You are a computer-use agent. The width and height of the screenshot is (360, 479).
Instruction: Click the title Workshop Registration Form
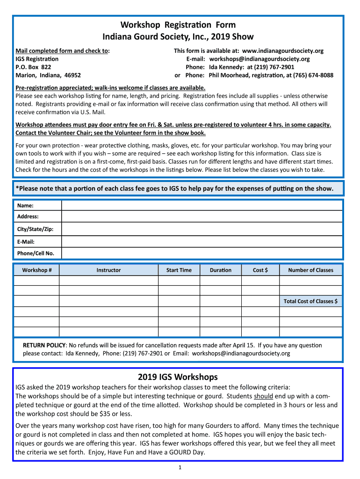(178, 25)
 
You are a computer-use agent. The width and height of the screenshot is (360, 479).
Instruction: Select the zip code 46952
(72, 75)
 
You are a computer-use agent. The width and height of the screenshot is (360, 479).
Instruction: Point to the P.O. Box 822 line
(34, 67)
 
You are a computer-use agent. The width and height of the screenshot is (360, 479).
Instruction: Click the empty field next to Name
(202, 205)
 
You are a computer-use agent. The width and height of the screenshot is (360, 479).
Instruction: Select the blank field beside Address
(202, 217)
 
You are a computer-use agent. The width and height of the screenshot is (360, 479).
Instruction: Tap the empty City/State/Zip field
(202, 229)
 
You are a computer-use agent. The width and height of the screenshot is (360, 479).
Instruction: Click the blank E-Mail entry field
(202, 241)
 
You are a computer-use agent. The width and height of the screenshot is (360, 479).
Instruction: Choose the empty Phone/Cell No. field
(202, 253)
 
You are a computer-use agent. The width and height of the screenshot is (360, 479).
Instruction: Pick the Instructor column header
(108, 270)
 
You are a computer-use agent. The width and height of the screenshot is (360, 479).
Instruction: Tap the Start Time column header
(179, 270)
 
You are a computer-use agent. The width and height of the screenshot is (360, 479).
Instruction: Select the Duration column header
(221, 270)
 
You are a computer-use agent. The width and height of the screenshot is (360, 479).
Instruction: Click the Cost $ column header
(260, 270)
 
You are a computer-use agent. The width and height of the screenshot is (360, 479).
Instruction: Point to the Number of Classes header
(310, 270)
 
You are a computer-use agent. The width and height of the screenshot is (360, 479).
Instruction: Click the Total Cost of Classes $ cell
(310, 301)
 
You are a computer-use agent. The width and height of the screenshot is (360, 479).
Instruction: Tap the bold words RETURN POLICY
(44, 345)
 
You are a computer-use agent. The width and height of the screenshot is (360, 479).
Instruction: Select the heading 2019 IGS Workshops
(178, 377)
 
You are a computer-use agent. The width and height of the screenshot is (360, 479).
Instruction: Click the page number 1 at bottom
(180, 467)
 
